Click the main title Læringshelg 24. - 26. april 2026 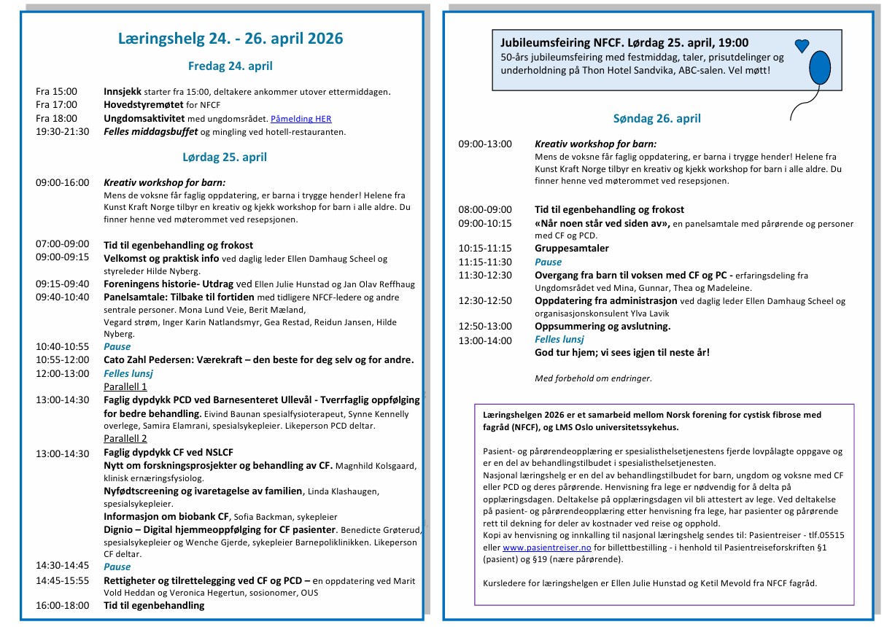pyautogui.click(x=230, y=39)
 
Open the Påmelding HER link pyautogui.click(x=301, y=118)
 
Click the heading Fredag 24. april pyautogui.click(x=230, y=66)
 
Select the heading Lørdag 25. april pyautogui.click(x=225, y=157)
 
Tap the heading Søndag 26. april pyautogui.click(x=656, y=118)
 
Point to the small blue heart pyautogui.click(x=802, y=46)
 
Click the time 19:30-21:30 pyautogui.click(x=63, y=131)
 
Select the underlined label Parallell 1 pyautogui.click(x=125, y=386)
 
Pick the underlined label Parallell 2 pyautogui.click(x=125, y=438)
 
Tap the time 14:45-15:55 pyautogui.click(x=63, y=580)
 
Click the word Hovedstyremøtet pyautogui.click(x=137, y=105)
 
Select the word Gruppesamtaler pyautogui.click(x=571, y=248)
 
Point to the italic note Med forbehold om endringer pyautogui.click(x=592, y=378)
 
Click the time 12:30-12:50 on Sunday pyautogui.click(x=485, y=300)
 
